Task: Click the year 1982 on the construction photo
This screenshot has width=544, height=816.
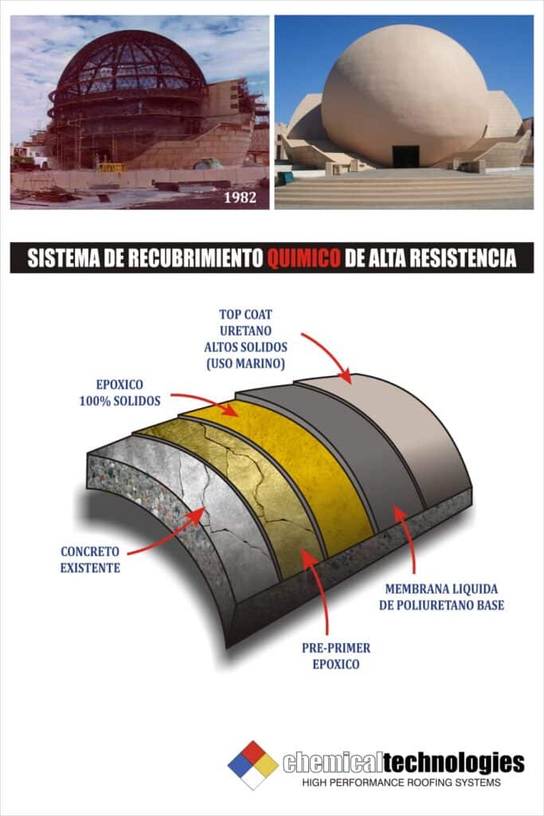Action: [241, 198]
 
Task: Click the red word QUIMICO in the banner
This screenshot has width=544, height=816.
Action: [303, 257]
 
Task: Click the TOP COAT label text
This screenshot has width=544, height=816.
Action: [245, 314]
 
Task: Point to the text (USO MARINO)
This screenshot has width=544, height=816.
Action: [245, 363]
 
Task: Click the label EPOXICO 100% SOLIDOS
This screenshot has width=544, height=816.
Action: [119, 393]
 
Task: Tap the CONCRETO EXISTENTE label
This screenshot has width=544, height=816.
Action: [90, 559]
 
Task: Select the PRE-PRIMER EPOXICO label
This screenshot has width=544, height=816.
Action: [336, 656]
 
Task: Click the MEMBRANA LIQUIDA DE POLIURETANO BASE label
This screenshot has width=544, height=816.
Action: [441, 597]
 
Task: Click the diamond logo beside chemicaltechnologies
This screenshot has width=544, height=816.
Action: [253, 764]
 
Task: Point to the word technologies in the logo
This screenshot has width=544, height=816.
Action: [454, 763]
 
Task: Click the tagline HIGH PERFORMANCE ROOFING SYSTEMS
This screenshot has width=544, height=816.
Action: [401, 783]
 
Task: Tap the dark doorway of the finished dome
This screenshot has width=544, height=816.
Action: [405, 156]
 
